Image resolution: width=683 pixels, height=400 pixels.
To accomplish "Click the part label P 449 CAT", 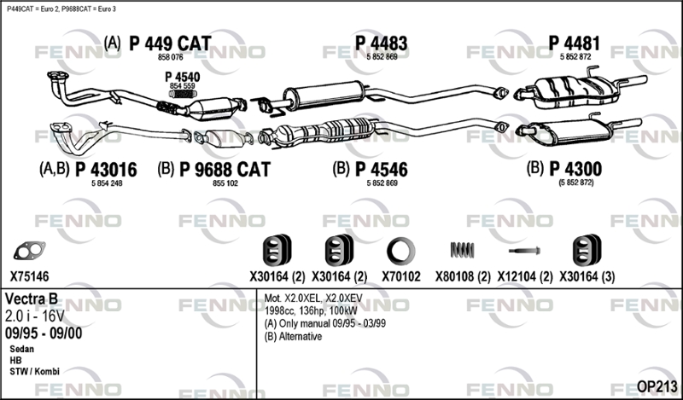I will pyautogui.click(x=169, y=43).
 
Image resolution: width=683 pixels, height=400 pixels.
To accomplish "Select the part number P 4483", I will pyautogui.click(x=381, y=43).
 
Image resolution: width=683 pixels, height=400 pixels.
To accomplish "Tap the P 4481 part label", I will pyautogui.click(x=575, y=43).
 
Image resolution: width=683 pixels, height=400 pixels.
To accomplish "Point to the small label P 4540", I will pyautogui.click(x=182, y=77).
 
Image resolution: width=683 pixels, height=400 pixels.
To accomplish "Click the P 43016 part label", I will pyautogui.click(x=105, y=170).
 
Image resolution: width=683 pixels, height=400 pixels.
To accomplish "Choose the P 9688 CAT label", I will pyautogui.click(x=225, y=170).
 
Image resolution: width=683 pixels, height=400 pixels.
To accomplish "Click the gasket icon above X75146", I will pyautogui.click(x=29, y=250).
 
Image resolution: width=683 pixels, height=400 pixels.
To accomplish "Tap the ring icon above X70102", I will pyautogui.click(x=400, y=250).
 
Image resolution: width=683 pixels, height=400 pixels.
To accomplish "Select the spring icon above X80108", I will pyautogui.click(x=462, y=250).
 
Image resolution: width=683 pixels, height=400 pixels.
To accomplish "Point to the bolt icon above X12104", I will pyautogui.click(x=524, y=251).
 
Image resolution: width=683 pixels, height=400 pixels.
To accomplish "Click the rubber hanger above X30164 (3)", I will pyautogui.click(x=583, y=250).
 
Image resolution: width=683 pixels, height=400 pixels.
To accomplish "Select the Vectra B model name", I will pyautogui.click(x=35, y=300).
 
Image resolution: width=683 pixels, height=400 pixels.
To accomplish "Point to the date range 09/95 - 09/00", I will pyautogui.click(x=44, y=333).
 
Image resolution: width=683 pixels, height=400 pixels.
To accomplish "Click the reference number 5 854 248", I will pyautogui.click(x=105, y=183).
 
